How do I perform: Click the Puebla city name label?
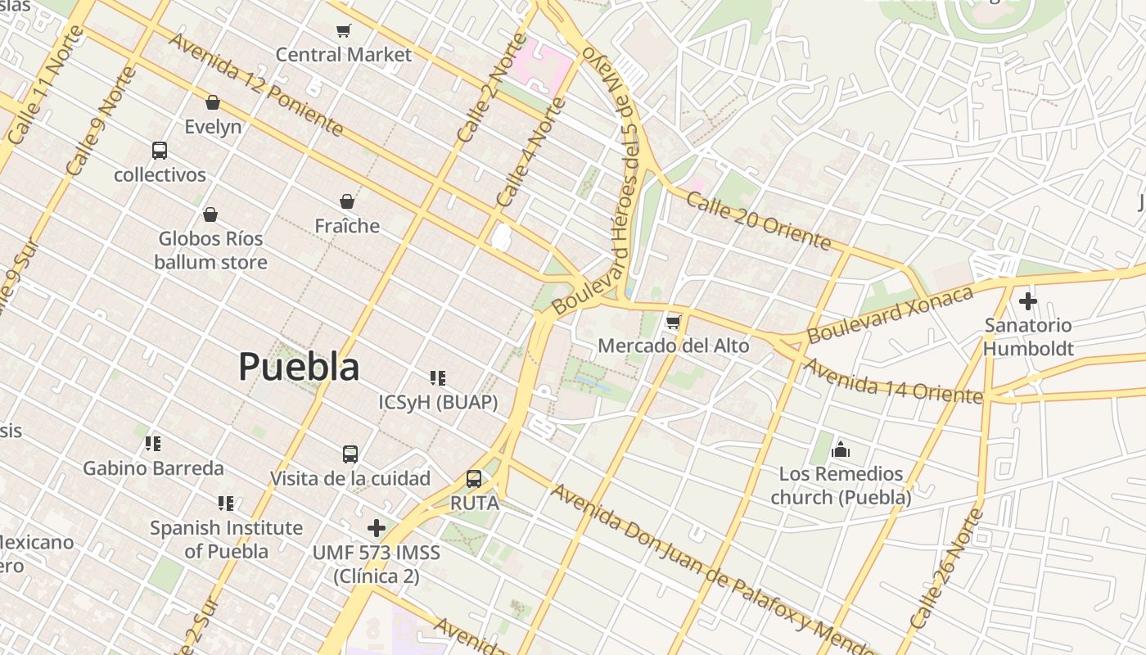point(299,367)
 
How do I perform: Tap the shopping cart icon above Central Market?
point(344,31)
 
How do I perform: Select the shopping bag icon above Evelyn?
point(213,102)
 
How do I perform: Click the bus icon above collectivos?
point(160,151)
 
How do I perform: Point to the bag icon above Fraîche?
point(347,201)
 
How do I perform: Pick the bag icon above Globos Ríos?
point(210,215)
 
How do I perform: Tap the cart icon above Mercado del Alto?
point(673,322)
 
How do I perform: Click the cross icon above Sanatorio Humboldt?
point(1028,301)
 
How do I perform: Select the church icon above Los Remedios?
point(841,449)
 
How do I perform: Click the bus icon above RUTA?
point(474,479)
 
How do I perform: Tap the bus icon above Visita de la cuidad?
point(350,454)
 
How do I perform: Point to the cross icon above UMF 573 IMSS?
point(377,528)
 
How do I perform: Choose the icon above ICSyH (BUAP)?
point(438,378)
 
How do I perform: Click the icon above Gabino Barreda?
point(153,444)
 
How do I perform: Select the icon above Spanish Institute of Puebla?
point(226,504)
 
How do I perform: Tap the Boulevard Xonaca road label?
point(890,315)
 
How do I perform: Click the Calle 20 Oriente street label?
point(758,220)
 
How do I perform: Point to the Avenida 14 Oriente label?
point(892,381)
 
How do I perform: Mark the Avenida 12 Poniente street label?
point(255,84)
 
